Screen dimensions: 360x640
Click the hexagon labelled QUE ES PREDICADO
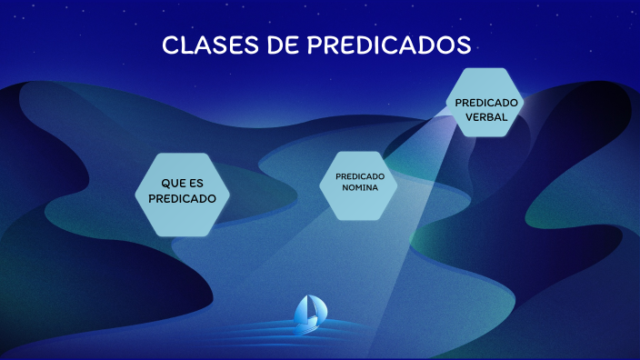pyautogui.click(x=182, y=192)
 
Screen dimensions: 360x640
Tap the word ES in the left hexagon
pyautogui.click(x=195, y=183)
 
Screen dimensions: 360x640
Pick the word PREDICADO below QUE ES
pyautogui.click(x=182, y=198)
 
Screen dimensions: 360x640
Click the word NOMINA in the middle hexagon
pyautogui.click(x=360, y=189)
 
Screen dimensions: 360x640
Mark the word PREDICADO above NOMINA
pyautogui.click(x=360, y=176)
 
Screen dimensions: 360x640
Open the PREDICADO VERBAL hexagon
pyautogui.click(x=487, y=103)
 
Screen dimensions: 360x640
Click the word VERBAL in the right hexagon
pyautogui.click(x=487, y=116)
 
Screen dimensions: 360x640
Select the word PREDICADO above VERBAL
pyautogui.click(x=487, y=103)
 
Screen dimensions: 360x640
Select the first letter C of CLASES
pyautogui.click(x=169, y=45)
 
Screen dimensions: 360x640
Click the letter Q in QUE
pyautogui.click(x=165, y=183)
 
